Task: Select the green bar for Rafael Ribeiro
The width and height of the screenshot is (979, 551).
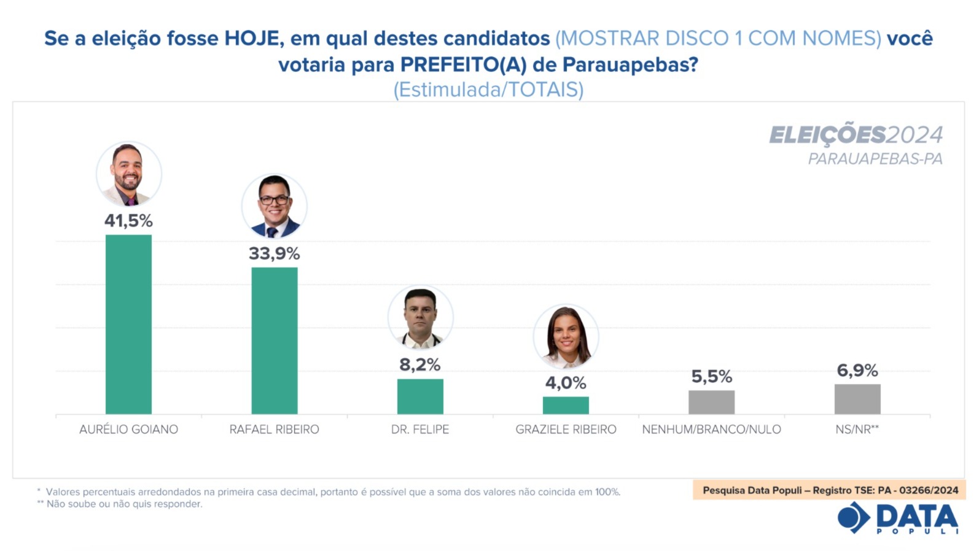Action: pos(275,341)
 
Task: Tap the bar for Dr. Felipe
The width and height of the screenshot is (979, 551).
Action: pos(420,396)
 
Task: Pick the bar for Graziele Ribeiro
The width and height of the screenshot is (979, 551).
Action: pos(566,405)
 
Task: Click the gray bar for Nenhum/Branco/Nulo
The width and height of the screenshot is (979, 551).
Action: pos(711,402)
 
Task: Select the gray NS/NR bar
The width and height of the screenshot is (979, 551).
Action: pos(857,399)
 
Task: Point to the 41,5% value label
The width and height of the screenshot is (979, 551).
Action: pos(128,221)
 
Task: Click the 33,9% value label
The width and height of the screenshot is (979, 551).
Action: pos(275,253)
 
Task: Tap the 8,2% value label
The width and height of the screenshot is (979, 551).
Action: pos(420,365)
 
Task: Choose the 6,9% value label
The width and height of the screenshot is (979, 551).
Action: pos(857,371)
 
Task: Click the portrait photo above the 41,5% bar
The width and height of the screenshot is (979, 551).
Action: pos(129,174)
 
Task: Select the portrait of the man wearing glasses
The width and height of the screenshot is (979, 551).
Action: pos(275,206)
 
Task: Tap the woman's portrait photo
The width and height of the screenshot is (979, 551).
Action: pos(566,337)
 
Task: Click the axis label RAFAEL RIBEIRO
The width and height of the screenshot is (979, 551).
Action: pos(275,430)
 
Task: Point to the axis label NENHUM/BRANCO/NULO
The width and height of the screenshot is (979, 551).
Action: pos(711,430)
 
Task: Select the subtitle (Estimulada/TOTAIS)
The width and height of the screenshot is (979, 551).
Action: pos(488,90)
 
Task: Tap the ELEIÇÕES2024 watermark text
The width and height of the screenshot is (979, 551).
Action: pos(856,135)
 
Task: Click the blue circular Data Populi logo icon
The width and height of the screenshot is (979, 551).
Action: pos(853,517)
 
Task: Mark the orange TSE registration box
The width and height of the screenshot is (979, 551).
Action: pos(830,490)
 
